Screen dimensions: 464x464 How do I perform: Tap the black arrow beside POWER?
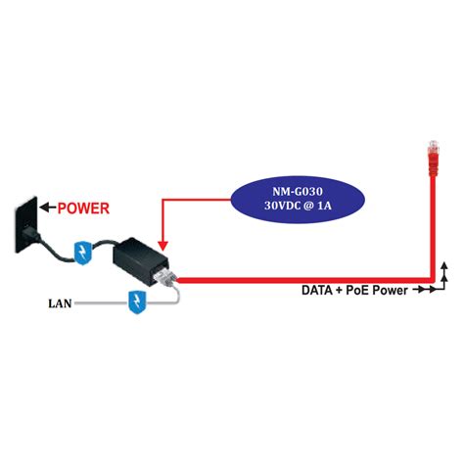[48, 208]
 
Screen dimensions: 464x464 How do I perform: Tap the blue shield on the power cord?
[85, 249]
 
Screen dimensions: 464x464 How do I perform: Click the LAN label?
[58, 302]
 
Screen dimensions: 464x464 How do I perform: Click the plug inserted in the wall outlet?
[37, 236]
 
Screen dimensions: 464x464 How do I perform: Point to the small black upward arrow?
[444, 265]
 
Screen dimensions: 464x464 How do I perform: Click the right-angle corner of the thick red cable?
[434, 278]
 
